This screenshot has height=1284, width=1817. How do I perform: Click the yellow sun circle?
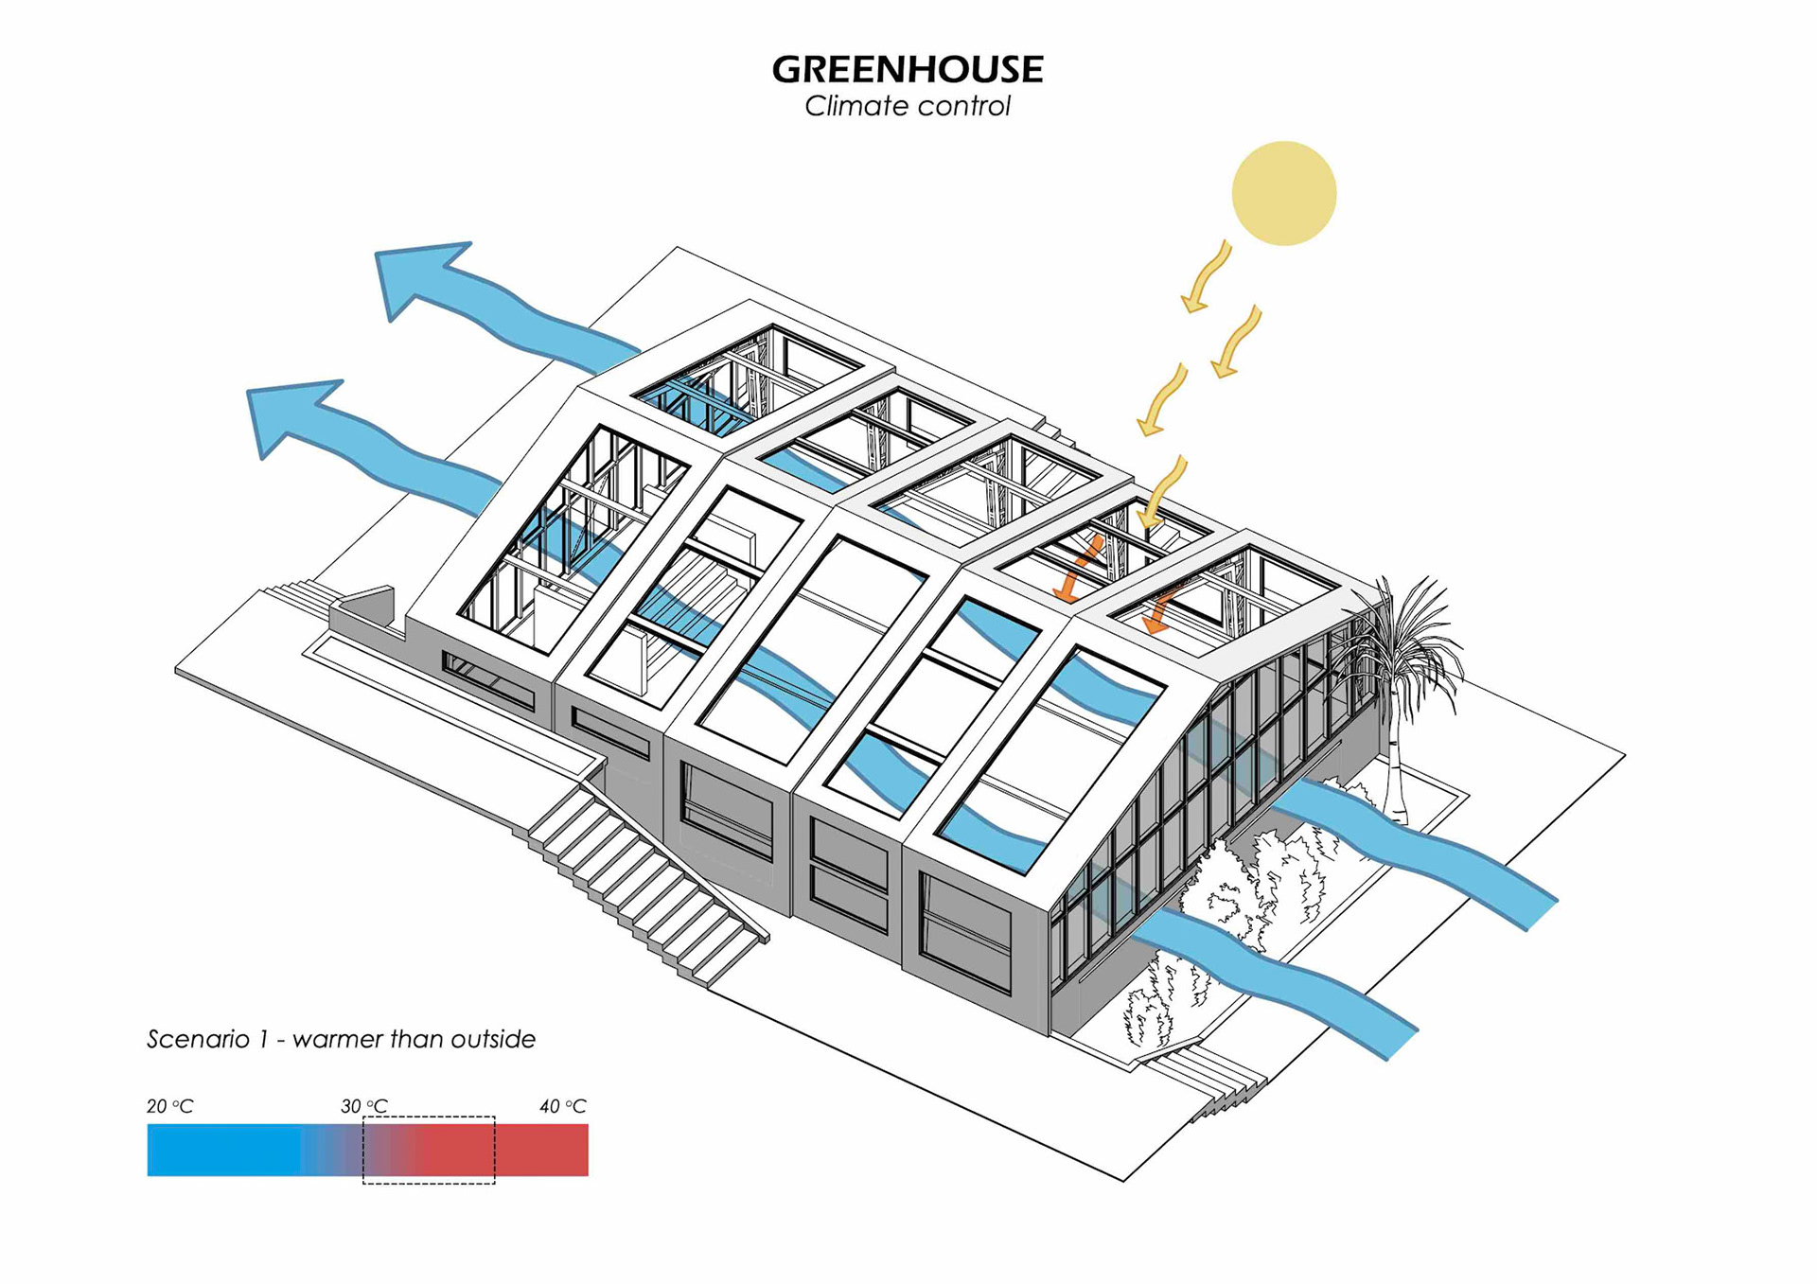(x=1283, y=193)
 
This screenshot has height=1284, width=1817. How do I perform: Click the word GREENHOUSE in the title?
(x=908, y=69)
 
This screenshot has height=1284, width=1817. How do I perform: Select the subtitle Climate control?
(x=908, y=106)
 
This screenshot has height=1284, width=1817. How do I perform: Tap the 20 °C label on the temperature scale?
(x=170, y=1106)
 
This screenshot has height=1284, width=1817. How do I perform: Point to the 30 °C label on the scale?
(x=364, y=1106)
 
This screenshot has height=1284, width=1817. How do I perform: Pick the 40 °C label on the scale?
(x=563, y=1106)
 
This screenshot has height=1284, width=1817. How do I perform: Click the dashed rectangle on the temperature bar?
(x=429, y=1150)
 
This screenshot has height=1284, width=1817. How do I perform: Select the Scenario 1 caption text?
(x=341, y=1039)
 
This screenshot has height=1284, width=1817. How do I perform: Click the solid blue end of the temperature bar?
(x=222, y=1150)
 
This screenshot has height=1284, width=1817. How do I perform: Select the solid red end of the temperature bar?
(x=544, y=1150)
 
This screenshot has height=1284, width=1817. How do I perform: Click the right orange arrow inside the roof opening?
(x=1160, y=610)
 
